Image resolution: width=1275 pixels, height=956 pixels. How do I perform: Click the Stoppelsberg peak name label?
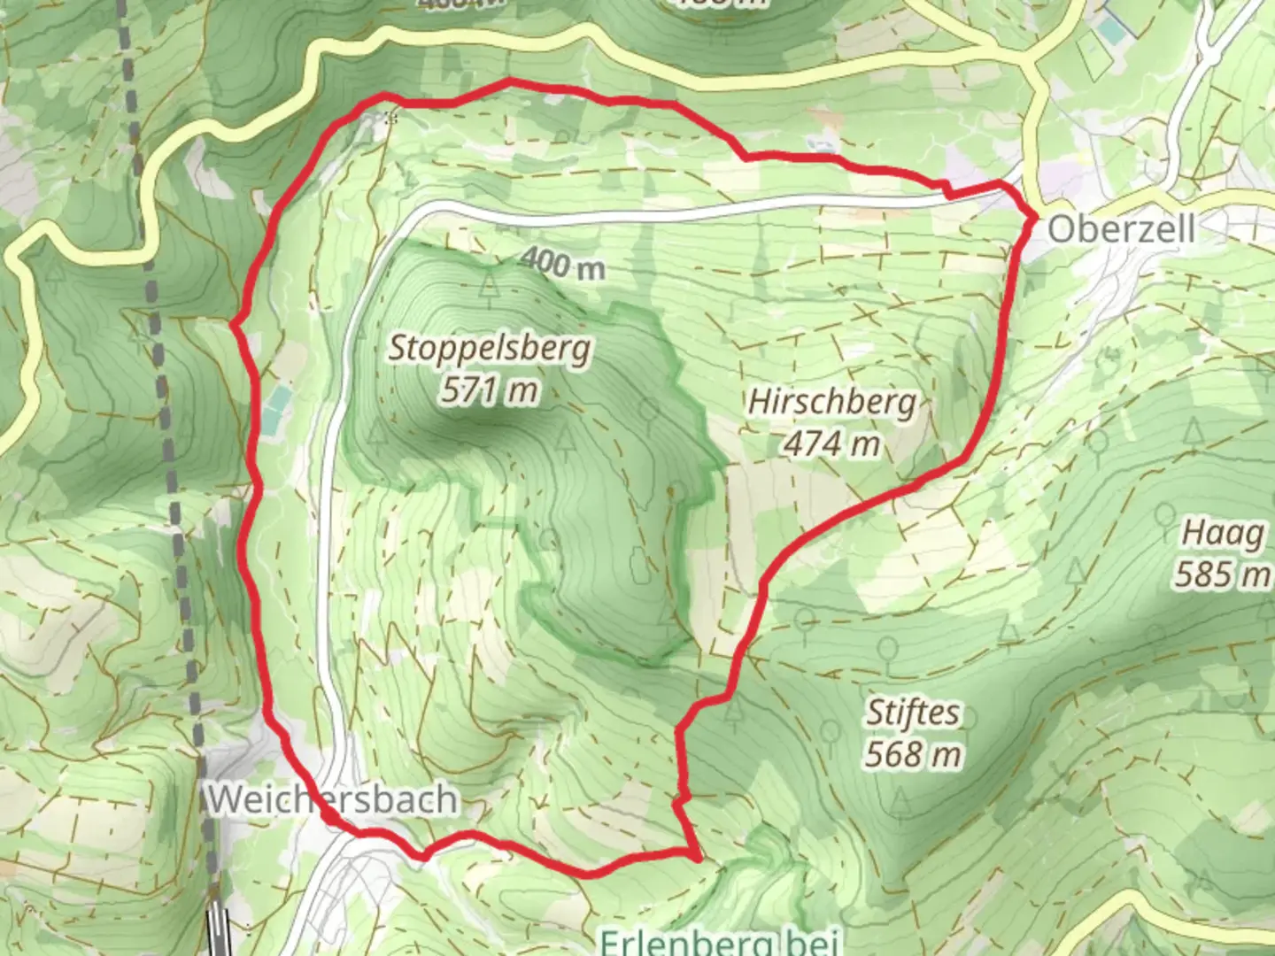(x=490, y=348)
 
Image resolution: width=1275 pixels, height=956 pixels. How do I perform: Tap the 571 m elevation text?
(x=490, y=389)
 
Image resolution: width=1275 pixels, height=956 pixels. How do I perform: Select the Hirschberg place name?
(x=832, y=402)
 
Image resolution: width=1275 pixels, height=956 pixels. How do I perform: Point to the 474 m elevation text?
(x=831, y=443)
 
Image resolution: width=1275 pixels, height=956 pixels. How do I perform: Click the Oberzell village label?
(x=1121, y=229)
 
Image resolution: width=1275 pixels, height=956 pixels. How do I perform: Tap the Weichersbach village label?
(x=333, y=799)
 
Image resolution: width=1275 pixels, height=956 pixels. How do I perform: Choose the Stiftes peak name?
(x=912, y=713)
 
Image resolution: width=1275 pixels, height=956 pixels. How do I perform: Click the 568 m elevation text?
(x=913, y=754)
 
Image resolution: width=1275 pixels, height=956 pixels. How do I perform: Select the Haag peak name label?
(x=1223, y=534)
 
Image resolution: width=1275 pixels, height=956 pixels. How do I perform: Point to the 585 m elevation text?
(x=1222, y=575)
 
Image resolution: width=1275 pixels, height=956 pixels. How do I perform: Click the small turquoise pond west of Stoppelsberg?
(x=275, y=409)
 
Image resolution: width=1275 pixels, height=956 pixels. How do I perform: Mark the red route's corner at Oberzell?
(x=1034, y=215)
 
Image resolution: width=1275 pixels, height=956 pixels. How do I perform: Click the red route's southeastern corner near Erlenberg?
(x=697, y=855)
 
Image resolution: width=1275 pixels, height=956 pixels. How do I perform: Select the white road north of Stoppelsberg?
(x=673, y=213)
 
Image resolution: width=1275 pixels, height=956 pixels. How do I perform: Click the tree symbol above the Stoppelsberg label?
(x=489, y=286)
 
